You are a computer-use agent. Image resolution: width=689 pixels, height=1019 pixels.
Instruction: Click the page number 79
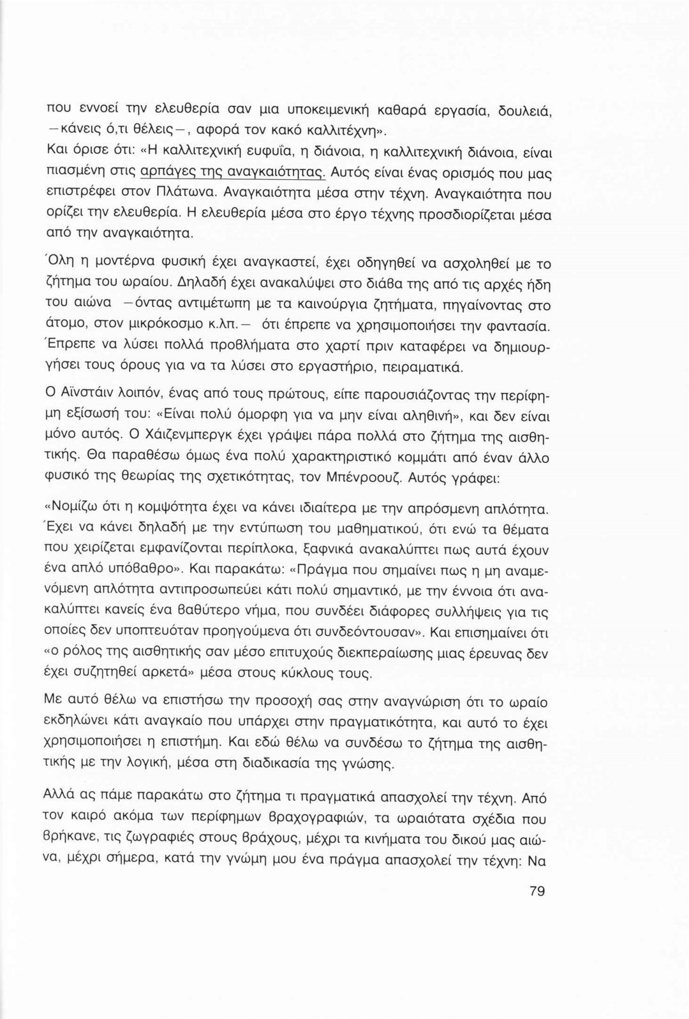coord(537,891)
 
